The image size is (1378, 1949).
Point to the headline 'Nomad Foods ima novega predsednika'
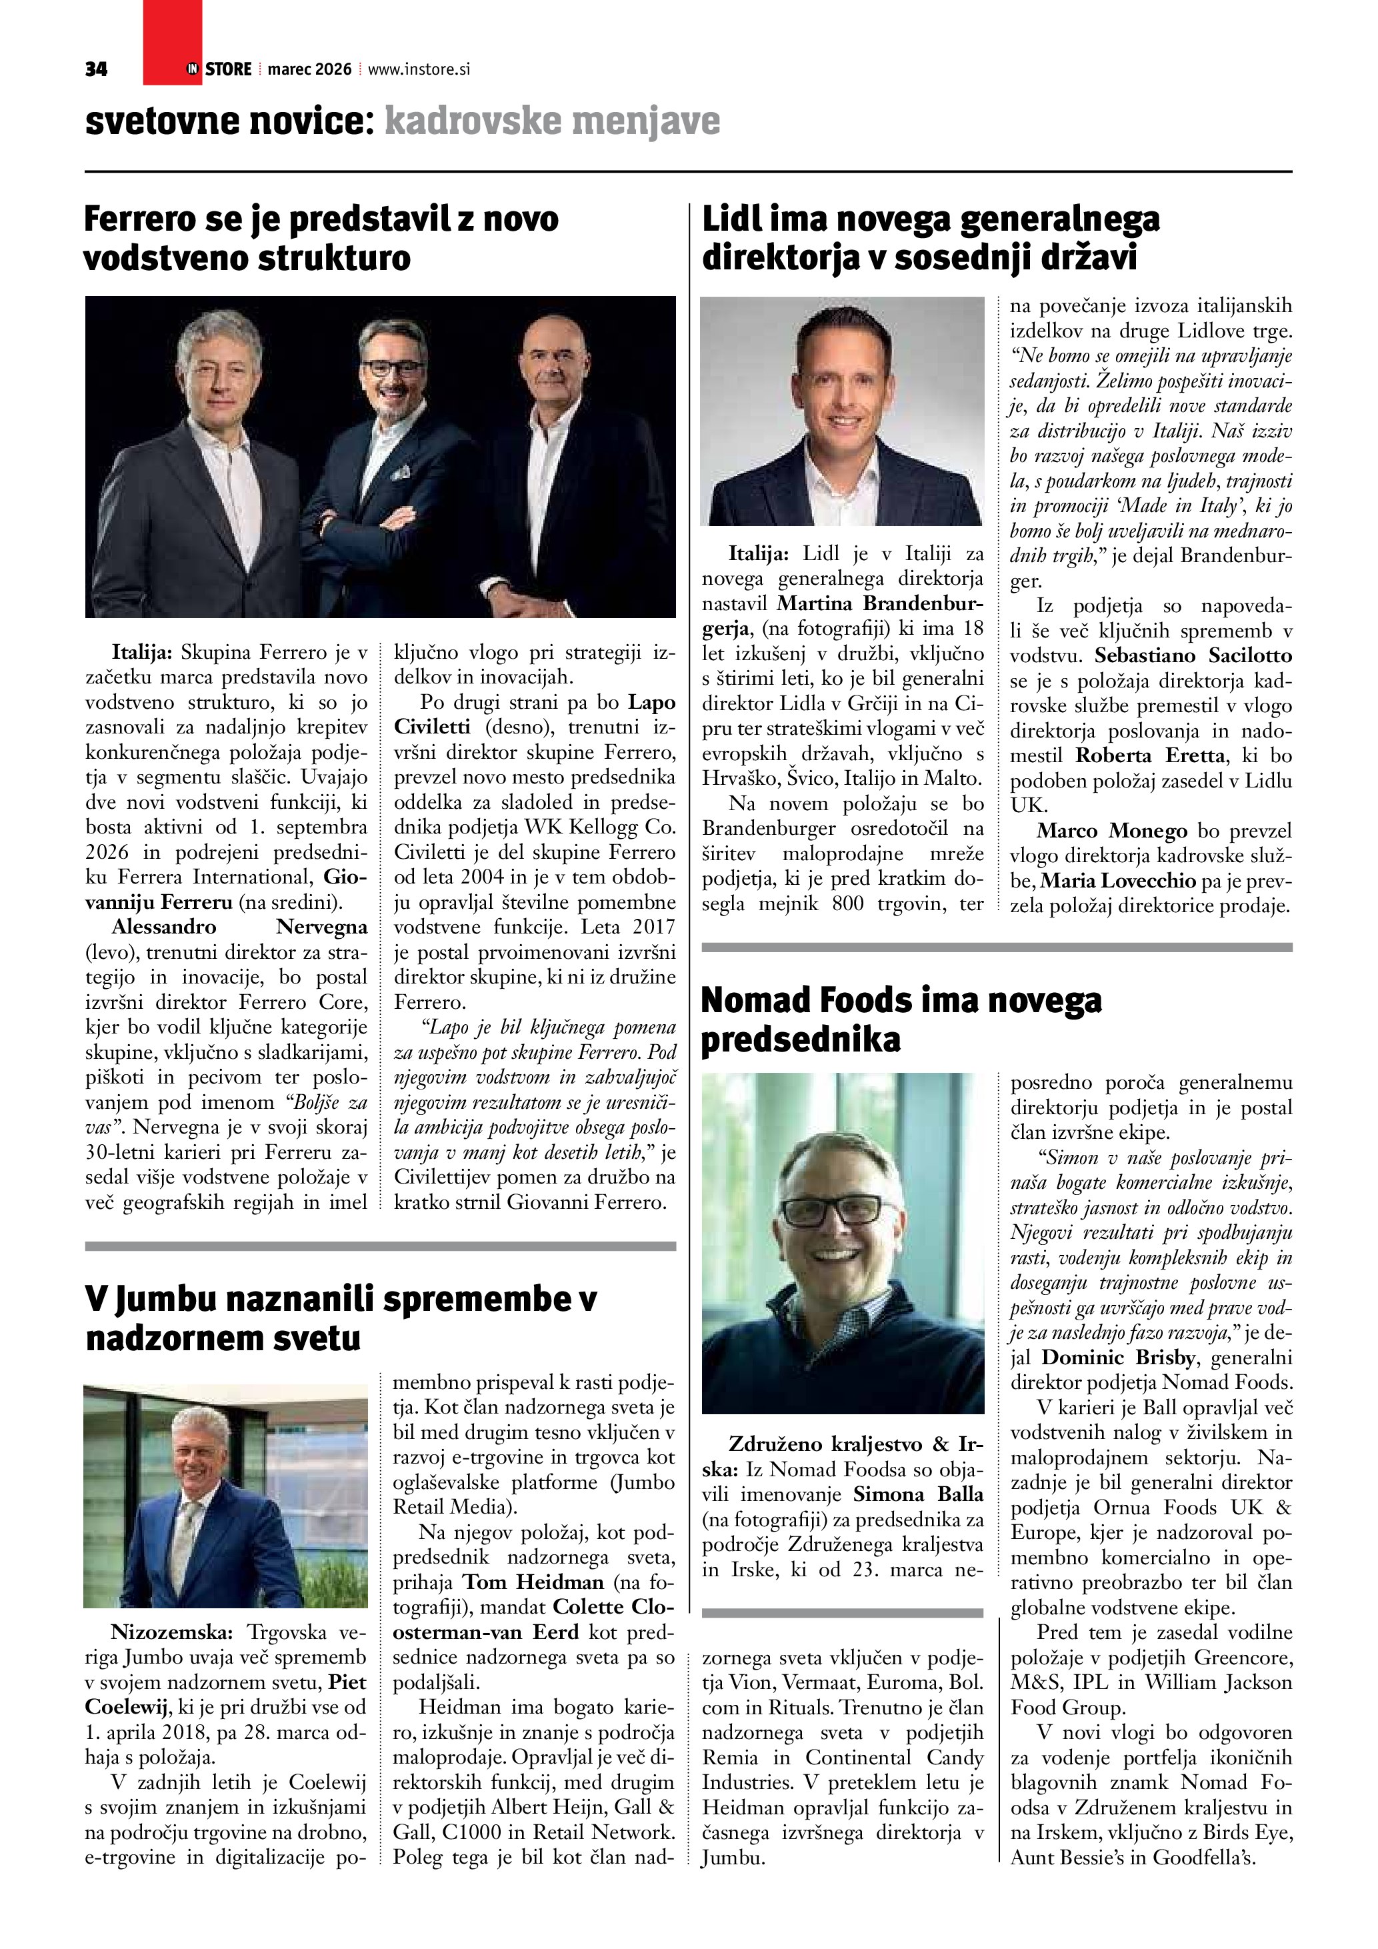point(901,1020)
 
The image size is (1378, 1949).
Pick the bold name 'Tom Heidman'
point(533,1582)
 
